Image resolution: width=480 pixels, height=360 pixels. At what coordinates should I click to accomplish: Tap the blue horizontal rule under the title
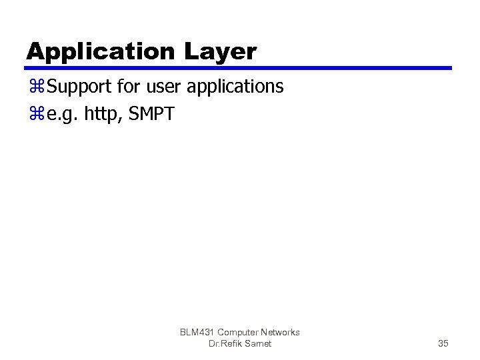pyautogui.click(x=239, y=68)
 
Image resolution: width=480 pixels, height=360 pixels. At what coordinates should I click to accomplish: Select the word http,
pyautogui.click(x=104, y=115)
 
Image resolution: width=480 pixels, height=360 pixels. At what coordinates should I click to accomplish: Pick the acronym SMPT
pyautogui.click(x=153, y=115)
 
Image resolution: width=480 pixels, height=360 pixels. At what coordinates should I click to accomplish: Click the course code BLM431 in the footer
pyautogui.click(x=197, y=332)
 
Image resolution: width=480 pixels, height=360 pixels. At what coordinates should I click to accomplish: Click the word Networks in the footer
pyautogui.click(x=281, y=332)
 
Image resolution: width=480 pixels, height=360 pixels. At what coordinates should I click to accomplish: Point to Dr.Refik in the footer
pyautogui.click(x=224, y=343)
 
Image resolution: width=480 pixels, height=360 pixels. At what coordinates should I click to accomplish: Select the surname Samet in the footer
pyautogui.click(x=257, y=343)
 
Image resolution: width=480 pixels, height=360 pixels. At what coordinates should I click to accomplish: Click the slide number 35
pyautogui.click(x=443, y=343)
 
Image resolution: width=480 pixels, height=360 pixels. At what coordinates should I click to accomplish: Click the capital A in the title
pyautogui.click(x=35, y=52)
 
